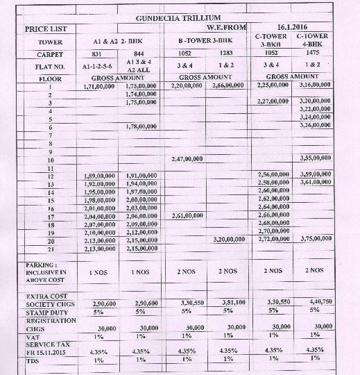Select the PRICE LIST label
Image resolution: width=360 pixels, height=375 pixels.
46,29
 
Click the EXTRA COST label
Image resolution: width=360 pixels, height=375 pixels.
43,296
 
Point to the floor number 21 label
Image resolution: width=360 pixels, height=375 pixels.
50,248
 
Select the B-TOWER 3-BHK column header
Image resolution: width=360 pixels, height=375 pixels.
205,41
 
